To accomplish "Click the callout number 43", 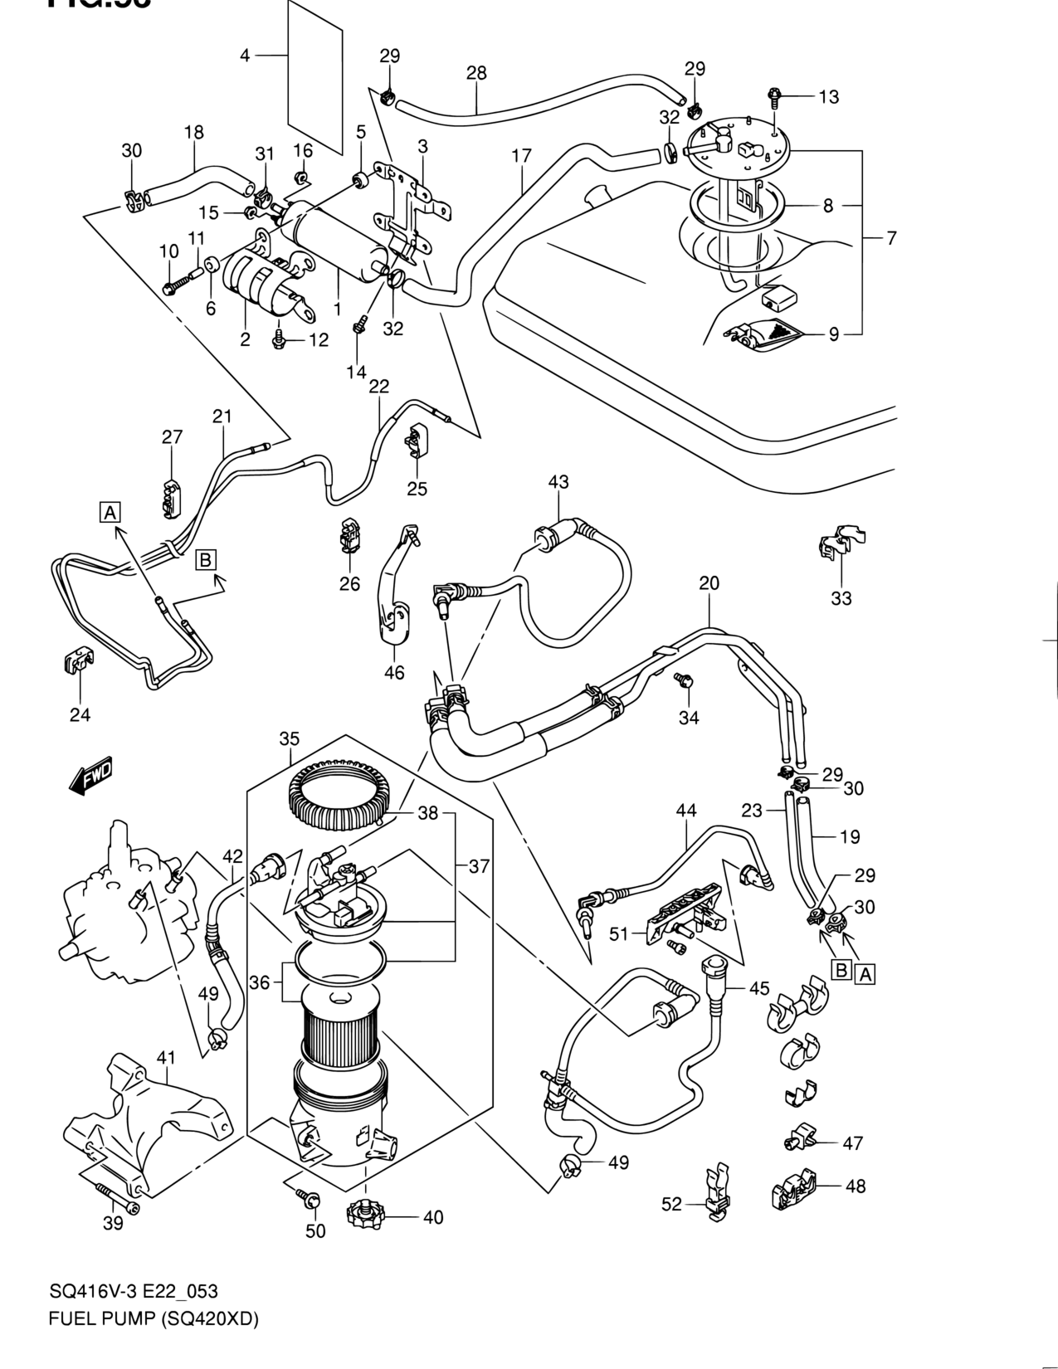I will pyautogui.click(x=558, y=482).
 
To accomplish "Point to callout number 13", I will pyautogui.click(x=828, y=97).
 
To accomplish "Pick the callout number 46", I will pyautogui.click(x=394, y=672).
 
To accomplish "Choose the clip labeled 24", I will pyautogui.click(x=78, y=660).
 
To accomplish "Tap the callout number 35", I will pyautogui.click(x=289, y=738).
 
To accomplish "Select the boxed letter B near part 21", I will pyautogui.click(x=206, y=559).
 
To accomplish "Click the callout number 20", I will pyautogui.click(x=709, y=583).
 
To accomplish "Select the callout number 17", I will pyautogui.click(x=521, y=156).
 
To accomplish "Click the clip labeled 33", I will pyautogui.click(x=840, y=543).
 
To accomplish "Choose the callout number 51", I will pyautogui.click(x=619, y=933).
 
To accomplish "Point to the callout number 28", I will pyautogui.click(x=476, y=73).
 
